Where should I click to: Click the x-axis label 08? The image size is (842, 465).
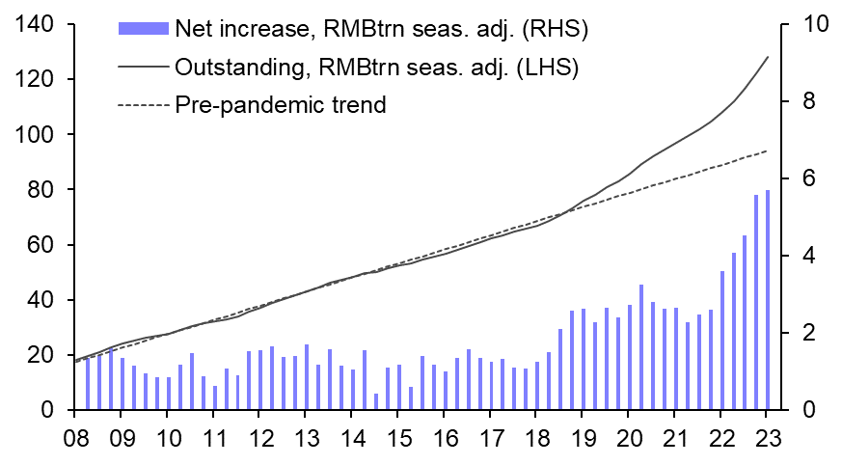click(75, 435)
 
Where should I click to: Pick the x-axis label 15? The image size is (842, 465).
click(397, 435)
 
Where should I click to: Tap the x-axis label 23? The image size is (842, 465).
click(767, 435)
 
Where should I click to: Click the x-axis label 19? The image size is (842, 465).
click(582, 435)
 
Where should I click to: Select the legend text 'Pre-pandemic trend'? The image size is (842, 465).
click(280, 105)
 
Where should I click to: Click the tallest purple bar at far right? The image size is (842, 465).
click(768, 300)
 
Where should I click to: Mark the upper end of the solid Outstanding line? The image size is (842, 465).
click(768, 57)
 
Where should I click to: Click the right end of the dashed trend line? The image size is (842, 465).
click(768, 150)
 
